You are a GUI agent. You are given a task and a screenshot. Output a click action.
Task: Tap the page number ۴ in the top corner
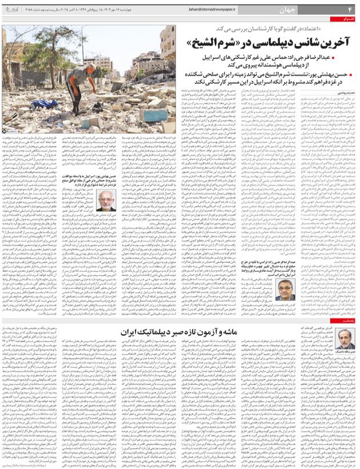[x=350, y=10]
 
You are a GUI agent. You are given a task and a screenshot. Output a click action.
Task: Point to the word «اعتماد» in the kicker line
[x=314, y=30]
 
